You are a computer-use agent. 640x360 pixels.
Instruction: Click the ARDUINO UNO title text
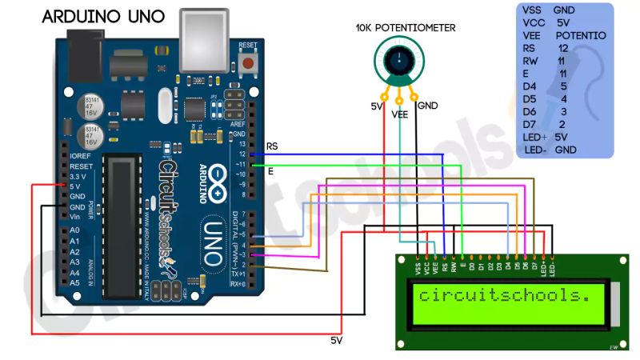click(103, 16)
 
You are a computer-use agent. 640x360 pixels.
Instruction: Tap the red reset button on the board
click(249, 62)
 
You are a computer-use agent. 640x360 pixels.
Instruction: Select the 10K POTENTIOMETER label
click(406, 28)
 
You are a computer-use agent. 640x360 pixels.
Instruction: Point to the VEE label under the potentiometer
click(401, 114)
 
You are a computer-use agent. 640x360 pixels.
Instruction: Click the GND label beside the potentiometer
click(428, 106)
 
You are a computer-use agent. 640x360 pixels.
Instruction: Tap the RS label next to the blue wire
click(272, 147)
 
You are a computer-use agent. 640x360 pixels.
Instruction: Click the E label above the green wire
click(270, 171)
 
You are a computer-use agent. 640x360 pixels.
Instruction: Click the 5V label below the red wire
click(338, 340)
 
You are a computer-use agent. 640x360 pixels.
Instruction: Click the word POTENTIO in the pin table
click(580, 36)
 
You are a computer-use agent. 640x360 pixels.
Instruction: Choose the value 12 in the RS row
click(563, 49)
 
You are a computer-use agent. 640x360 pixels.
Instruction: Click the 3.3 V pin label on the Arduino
click(78, 175)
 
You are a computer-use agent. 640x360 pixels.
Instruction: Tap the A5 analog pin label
click(74, 283)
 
